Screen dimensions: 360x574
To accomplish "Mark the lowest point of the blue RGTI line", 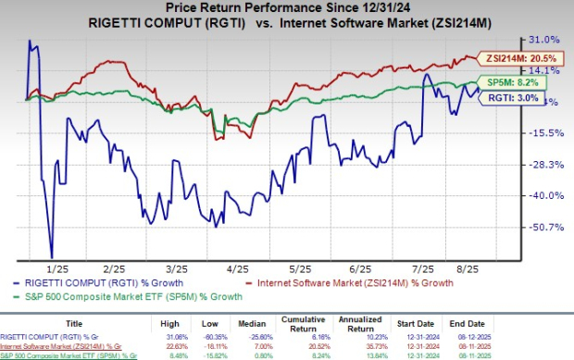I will click(x=52, y=257).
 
